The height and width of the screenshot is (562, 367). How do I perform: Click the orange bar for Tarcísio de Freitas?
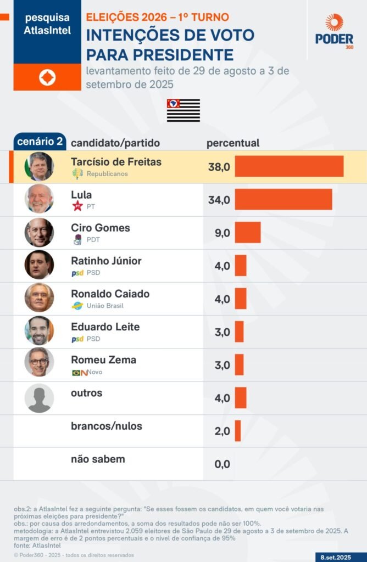pos(289,166)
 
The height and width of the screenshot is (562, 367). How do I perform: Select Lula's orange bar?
pos(283,199)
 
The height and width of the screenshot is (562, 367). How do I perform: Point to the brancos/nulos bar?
pos(238,431)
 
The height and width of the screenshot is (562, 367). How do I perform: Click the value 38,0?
pos(219,167)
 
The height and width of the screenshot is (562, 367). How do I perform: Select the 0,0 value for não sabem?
pos(222,464)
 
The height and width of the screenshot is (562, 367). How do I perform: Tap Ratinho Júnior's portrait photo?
pos(39,265)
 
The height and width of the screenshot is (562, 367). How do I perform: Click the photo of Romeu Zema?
pos(39,362)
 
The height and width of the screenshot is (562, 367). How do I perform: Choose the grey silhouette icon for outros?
pos(39,398)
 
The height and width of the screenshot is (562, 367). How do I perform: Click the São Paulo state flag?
pos(183,110)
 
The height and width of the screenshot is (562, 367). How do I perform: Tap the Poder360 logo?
pos(334,32)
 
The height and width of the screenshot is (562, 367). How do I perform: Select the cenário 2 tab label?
pos(40,142)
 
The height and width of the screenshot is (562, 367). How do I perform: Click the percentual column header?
pos(232,143)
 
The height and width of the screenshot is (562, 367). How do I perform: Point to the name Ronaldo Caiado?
pos(110,294)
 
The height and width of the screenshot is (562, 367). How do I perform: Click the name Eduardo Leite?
pos(105,327)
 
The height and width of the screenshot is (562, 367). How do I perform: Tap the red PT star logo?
pos(77,206)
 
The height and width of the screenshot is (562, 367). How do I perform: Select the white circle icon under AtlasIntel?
pos(47,77)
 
